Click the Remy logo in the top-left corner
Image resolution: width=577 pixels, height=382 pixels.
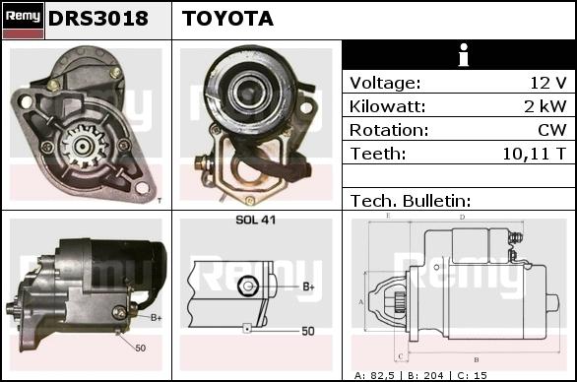[24, 20]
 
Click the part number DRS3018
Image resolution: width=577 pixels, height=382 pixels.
[98, 19]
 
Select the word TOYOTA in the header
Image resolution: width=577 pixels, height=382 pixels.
[227, 19]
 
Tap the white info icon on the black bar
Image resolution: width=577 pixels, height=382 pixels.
[464, 55]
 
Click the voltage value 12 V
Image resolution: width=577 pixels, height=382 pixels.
[548, 83]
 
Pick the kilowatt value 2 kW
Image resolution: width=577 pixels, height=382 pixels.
[545, 106]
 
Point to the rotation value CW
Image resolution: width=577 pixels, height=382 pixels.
[552, 130]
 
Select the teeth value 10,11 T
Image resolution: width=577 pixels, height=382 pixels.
[535, 154]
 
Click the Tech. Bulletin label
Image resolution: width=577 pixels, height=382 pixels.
[411, 201]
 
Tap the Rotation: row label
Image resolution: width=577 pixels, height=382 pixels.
[389, 130]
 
